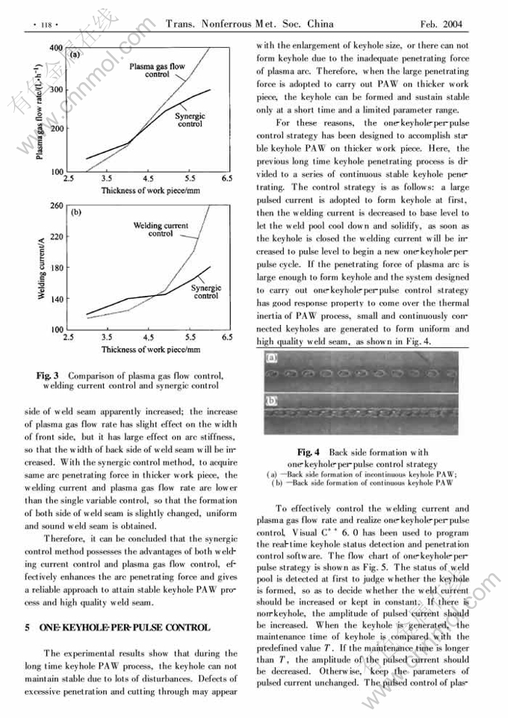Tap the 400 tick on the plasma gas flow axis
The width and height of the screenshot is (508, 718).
point(55,48)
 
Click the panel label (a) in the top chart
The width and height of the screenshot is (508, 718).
point(75,55)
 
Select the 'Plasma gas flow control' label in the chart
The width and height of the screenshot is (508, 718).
point(157,71)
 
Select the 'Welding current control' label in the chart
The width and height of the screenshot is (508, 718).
point(161,229)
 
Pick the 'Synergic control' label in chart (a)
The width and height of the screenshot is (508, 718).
point(190,120)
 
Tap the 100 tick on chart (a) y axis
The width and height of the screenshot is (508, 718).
point(55,173)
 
